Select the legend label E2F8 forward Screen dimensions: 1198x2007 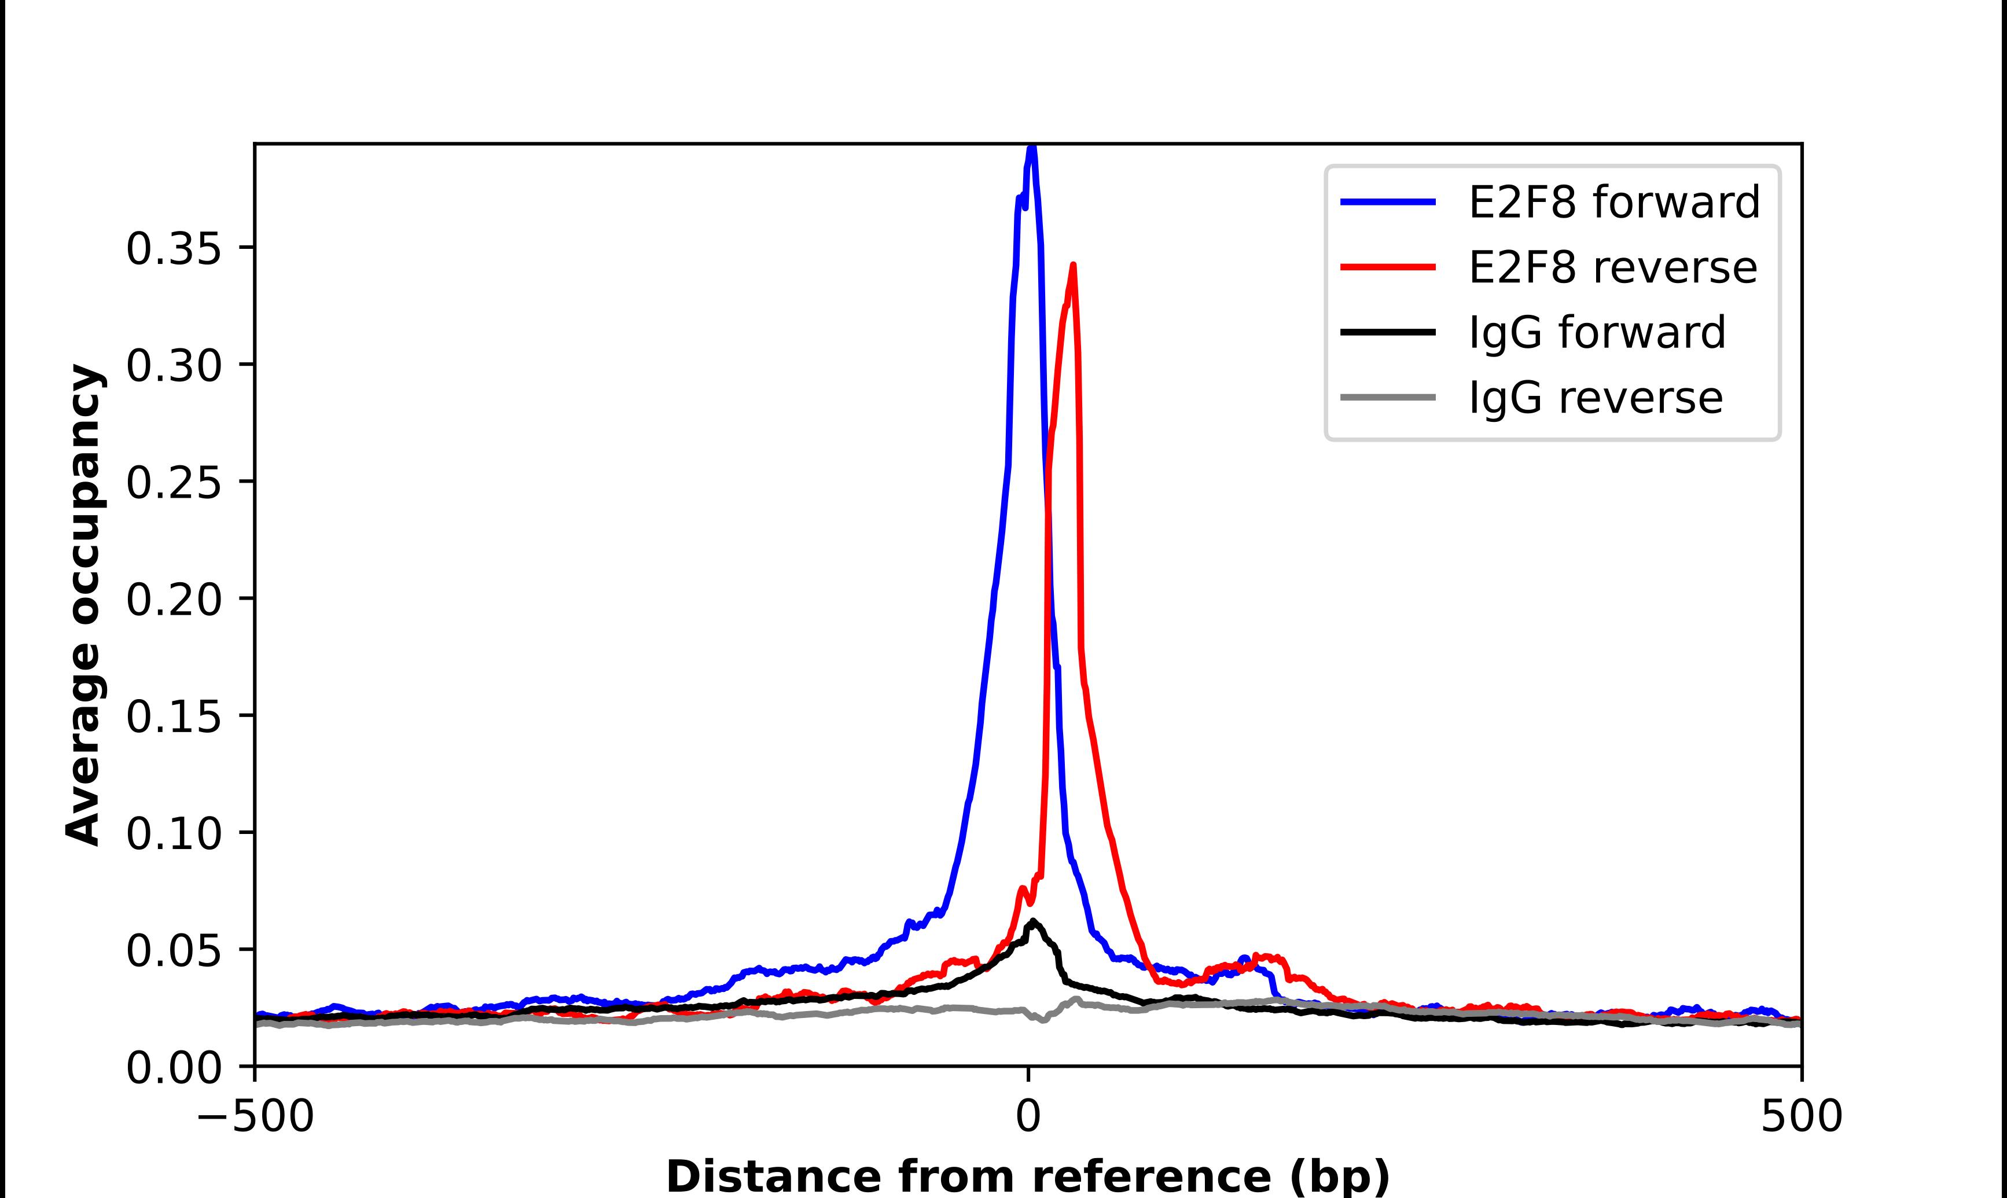click(x=1614, y=202)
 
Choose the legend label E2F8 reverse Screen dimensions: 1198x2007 click(x=1612, y=267)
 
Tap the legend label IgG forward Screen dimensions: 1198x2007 click(x=1596, y=333)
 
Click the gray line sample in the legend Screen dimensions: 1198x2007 click(x=1388, y=397)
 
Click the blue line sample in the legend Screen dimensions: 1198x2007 click(x=1388, y=202)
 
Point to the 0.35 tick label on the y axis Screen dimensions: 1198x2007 click(x=174, y=249)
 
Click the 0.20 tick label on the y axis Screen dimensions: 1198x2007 click(x=174, y=600)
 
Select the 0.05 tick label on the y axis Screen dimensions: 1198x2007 click(x=174, y=951)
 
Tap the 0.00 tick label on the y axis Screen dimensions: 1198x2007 click(x=174, y=1068)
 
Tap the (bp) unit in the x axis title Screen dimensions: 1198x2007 click(x=1340, y=1176)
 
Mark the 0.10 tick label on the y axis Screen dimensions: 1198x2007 click(x=174, y=834)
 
